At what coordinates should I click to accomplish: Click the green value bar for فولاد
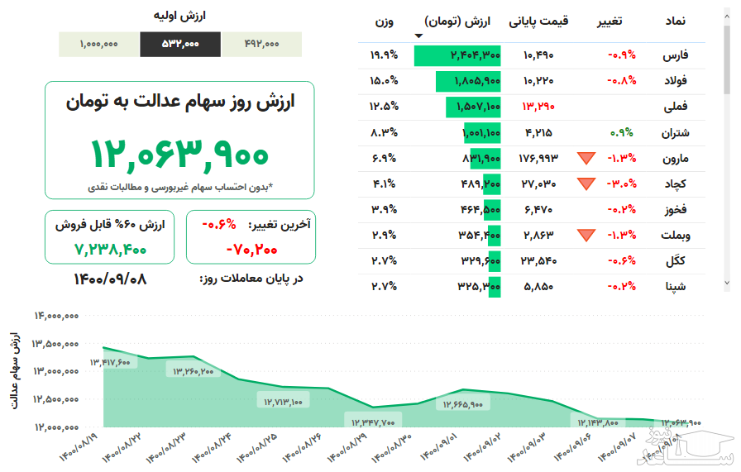[x=468, y=81]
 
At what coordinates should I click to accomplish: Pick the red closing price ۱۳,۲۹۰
[x=538, y=106]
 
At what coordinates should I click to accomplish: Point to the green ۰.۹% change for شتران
[x=621, y=131]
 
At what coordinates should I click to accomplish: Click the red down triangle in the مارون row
[x=586, y=158]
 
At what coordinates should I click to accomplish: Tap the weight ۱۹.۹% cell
[x=385, y=55]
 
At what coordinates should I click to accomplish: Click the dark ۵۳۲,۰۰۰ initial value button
[x=180, y=45]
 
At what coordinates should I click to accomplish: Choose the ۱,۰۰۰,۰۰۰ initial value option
[x=99, y=45]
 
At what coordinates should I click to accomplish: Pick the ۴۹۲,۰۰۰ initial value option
[x=261, y=45]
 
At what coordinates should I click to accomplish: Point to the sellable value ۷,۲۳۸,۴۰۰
[x=110, y=247]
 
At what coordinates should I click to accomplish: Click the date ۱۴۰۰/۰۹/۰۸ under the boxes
[x=110, y=279]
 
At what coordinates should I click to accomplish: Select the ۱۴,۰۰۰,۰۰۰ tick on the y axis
[x=56, y=316]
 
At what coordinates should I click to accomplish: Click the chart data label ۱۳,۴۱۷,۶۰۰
[x=111, y=362]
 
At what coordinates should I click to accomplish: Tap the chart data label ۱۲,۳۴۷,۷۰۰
[x=370, y=422]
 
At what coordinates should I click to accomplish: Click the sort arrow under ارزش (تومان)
[x=418, y=36]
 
